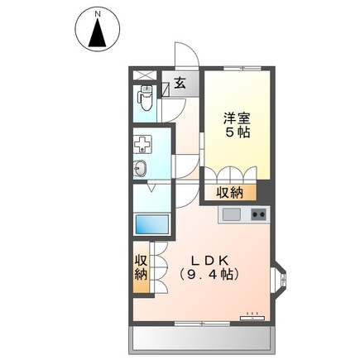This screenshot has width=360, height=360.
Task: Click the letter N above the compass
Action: (x=98, y=14)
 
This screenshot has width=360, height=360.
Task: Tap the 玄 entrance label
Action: (x=180, y=81)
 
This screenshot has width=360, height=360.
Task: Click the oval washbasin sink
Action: (x=141, y=170)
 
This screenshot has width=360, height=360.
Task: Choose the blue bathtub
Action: (x=151, y=224)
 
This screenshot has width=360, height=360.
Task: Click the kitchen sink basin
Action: (x=231, y=215)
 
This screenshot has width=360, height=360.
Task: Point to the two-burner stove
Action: (x=259, y=215)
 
